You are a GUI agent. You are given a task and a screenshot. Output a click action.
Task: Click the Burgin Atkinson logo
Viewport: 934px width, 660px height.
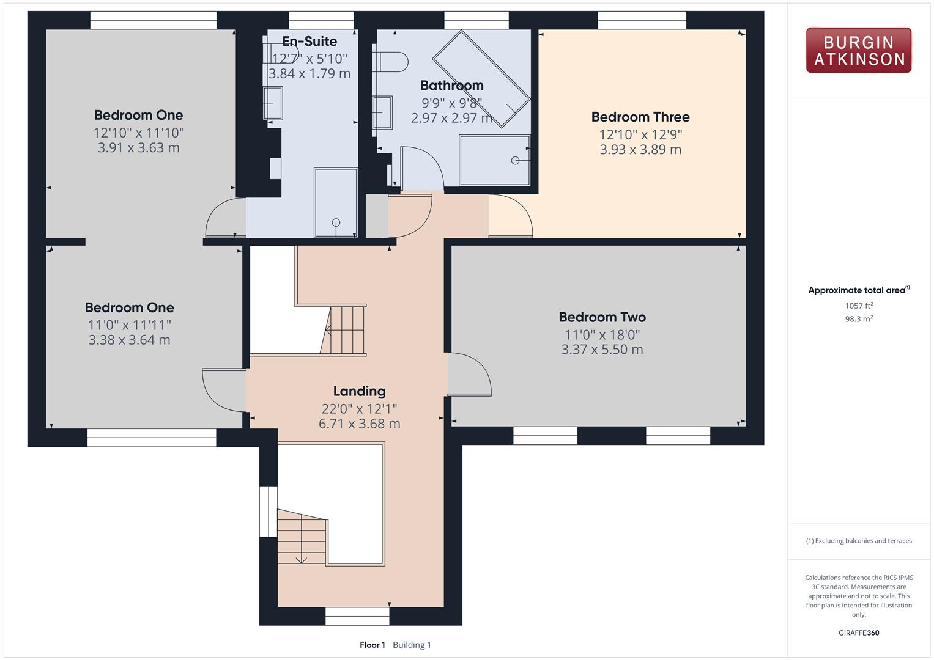pos(858,51)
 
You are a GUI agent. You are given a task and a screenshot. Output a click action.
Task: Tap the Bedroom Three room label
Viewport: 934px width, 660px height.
pos(640,117)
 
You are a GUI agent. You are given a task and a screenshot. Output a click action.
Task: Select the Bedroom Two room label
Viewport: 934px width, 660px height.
pos(602,317)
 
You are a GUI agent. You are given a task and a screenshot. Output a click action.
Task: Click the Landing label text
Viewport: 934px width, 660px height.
pos(359,391)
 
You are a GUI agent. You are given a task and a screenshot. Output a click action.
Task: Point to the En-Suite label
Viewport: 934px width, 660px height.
pos(309,42)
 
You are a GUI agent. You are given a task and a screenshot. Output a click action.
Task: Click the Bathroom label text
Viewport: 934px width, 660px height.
pos(451,86)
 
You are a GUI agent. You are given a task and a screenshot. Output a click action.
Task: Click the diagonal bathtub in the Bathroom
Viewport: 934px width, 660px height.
pos(481,79)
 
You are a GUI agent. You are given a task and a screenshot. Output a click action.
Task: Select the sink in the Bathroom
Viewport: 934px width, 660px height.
pos(383,112)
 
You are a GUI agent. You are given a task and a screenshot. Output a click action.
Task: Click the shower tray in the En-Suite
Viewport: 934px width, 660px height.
pos(335,202)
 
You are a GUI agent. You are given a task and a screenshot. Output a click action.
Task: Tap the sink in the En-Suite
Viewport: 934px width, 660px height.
pos(273,103)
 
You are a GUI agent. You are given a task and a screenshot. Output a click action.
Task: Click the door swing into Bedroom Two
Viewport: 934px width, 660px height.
pos(470,374)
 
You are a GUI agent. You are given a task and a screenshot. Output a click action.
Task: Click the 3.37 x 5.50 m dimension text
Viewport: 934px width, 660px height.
pos(602,350)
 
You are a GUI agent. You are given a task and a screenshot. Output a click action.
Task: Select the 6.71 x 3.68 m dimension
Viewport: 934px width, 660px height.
pos(359,424)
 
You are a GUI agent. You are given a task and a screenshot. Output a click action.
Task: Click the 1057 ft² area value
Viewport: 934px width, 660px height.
pos(858,306)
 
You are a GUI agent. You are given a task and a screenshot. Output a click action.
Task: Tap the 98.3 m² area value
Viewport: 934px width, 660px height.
pos(858,319)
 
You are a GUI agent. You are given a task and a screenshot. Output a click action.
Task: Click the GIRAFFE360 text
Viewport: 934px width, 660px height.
pos(858,632)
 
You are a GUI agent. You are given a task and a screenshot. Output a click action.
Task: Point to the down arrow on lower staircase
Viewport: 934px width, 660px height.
pos(301,559)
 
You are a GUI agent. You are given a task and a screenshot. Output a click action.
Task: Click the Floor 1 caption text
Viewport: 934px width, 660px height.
pos(372,645)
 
